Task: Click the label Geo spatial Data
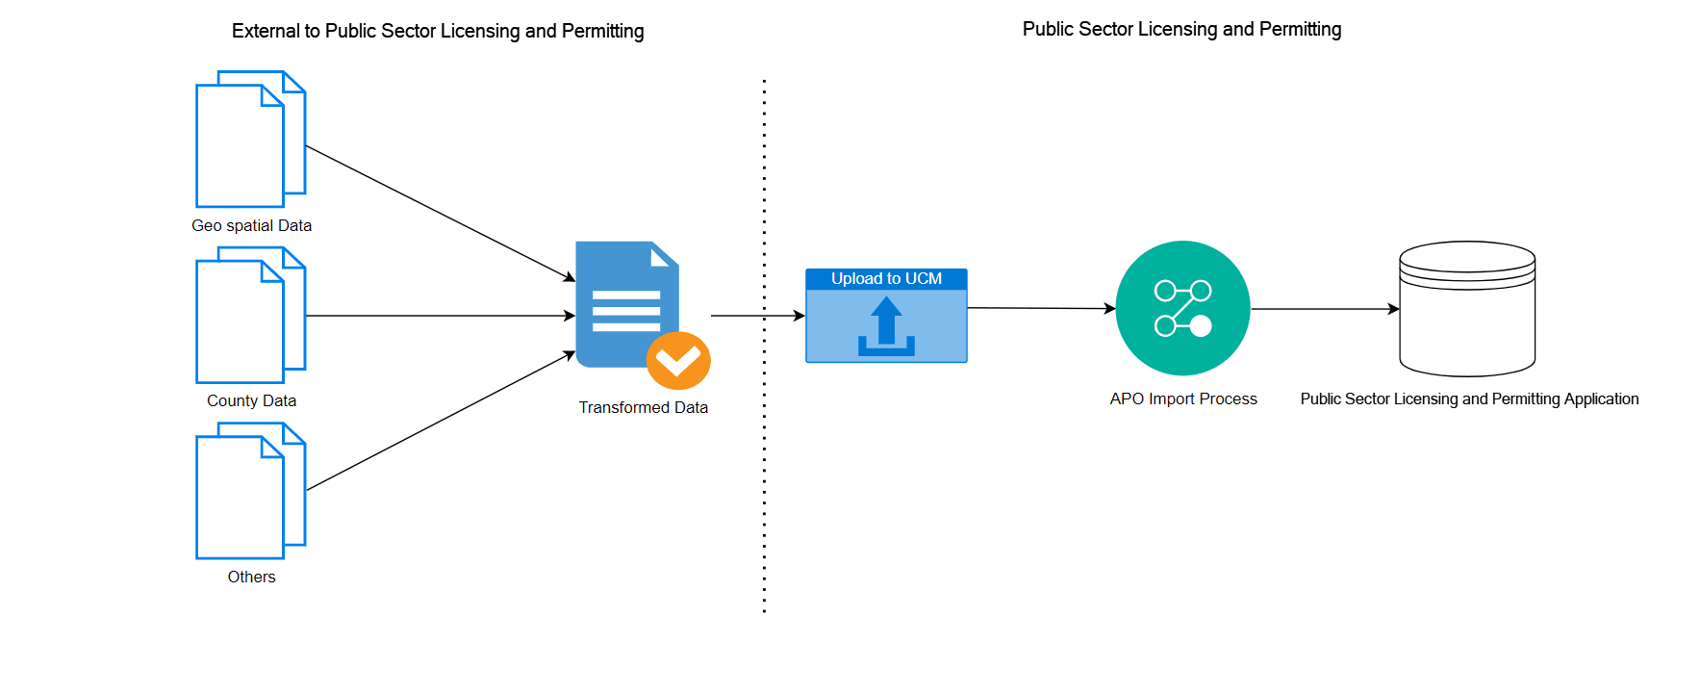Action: click(x=251, y=225)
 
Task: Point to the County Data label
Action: click(x=251, y=400)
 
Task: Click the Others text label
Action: click(x=251, y=577)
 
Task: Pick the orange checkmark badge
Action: click(x=678, y=361)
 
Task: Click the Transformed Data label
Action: click(x=643, y=407)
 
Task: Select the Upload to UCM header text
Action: click(x=886, y=278)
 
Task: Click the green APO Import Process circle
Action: click(x=1182, y=308)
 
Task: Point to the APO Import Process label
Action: click(x=1182, y=398)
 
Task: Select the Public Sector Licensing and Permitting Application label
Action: click(x=1469, y=398)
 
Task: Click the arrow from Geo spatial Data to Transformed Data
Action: click(x=440, y=214)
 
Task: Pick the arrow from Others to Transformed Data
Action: click(x=440, y=422)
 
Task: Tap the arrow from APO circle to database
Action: click(x=1324, y=309)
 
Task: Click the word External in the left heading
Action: click(x=266, y=31)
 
